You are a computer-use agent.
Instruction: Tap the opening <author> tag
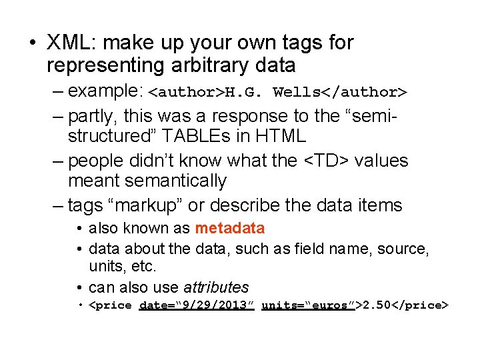186,91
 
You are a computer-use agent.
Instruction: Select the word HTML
280,137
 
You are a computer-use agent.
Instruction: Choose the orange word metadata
230,229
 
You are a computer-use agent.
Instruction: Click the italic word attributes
216,287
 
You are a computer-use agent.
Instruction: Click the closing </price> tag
421,305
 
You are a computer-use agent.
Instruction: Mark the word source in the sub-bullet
403,249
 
